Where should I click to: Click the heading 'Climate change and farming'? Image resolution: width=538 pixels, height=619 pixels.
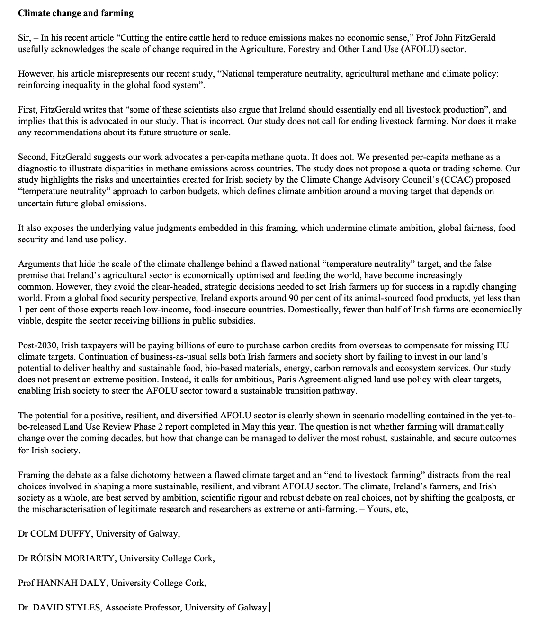(x=76, y=13)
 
